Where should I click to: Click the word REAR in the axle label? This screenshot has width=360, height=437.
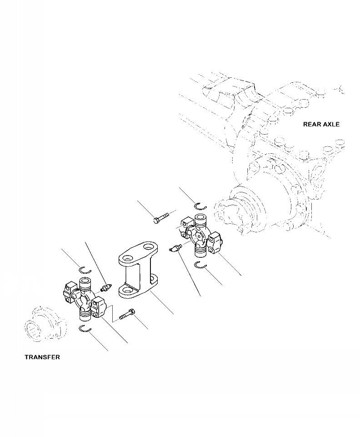(x=312, y=124)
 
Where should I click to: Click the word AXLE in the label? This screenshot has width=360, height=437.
(x=331, y=124)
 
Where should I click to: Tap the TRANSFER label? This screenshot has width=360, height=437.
(x=42, y=357)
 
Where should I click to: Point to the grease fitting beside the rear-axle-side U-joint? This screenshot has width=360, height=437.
(x=175, y=248)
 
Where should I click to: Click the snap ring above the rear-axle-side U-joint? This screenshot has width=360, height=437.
(x=200, y=206)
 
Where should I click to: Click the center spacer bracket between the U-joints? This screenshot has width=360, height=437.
(x=136, y=272)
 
